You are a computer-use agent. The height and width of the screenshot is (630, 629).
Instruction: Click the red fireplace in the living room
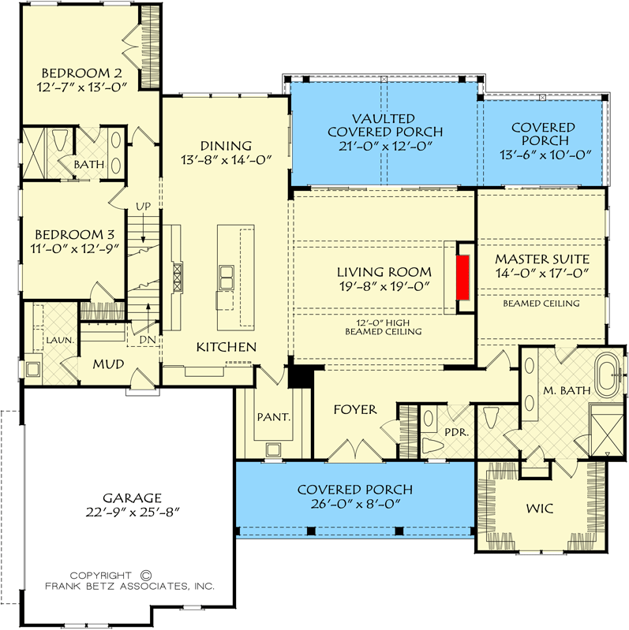pyautogui.click(x=463, y=277)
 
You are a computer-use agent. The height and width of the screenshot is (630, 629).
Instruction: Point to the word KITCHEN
pyautogui.click(x=226, y=347)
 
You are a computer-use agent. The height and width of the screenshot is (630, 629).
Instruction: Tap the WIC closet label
pyautogui.click(x=541, y=510)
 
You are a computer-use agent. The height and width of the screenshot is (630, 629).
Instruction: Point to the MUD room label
pyautogui.click(x=106, y=365)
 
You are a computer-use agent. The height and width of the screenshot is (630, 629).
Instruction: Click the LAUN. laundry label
pyautogui.click(x=60, y=340)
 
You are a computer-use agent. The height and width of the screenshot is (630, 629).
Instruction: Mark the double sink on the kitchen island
pyautogui.click(x=226, y=276)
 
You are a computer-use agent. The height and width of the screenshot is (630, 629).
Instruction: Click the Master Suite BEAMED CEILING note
pyautogui.click(x=541, y=303)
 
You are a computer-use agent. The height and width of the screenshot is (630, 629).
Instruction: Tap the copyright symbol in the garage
pyautogui.click(x=145, y=576)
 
